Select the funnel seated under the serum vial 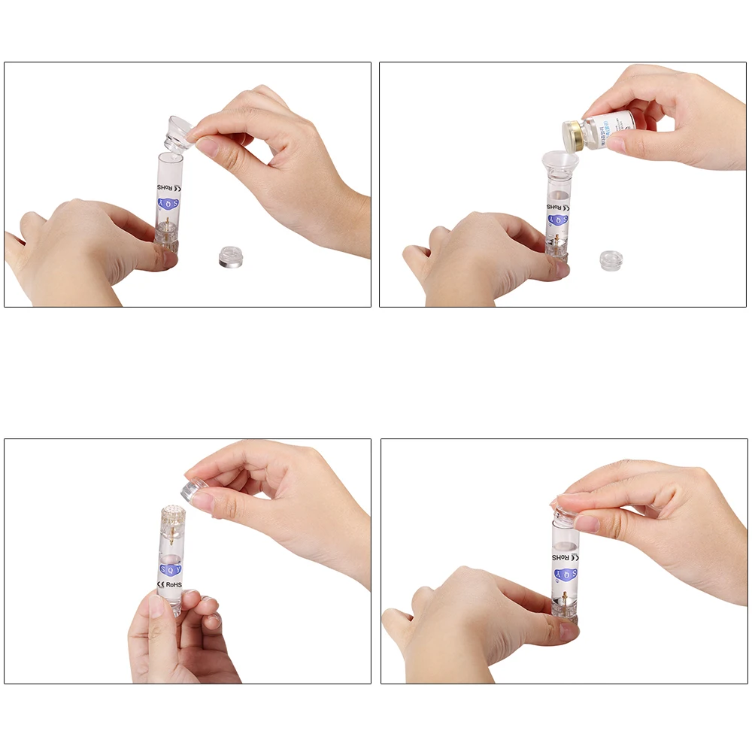(x=560, y=162)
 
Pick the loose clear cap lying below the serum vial (x=611, y=260)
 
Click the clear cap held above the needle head (x=198, y=492)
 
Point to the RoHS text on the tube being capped (x=562, y=557)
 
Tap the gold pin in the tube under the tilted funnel (x=165, y=223)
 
